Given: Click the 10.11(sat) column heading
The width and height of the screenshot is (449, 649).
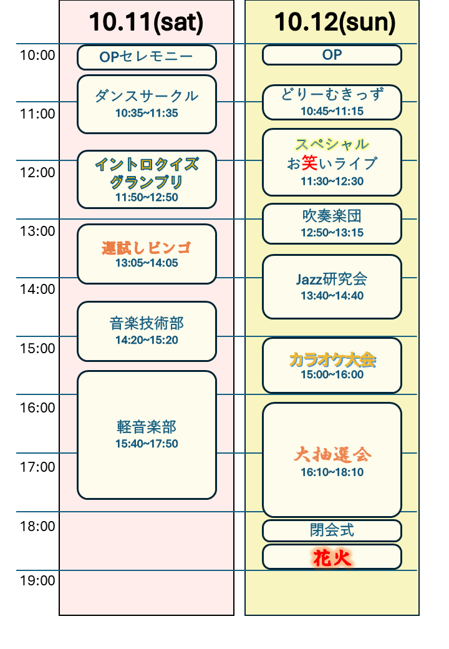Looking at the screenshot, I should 147,23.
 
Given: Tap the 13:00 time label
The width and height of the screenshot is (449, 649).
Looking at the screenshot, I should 37,232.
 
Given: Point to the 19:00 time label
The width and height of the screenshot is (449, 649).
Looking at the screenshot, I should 37,581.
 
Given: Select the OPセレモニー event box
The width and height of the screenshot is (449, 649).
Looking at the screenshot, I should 147,57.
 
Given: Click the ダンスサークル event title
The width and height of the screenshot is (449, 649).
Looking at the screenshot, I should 147,96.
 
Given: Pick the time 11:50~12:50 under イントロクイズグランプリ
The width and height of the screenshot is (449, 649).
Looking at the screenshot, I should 147,198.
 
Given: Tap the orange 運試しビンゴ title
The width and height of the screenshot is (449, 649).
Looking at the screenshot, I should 147,248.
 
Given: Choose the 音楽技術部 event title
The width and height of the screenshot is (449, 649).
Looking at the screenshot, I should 147,323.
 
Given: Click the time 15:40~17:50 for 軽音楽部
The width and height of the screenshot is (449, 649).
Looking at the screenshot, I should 147,444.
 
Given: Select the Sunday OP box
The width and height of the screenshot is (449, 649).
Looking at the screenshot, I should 332,55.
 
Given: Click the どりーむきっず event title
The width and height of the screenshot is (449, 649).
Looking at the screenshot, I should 332,95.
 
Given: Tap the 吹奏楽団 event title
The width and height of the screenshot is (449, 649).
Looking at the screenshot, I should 332,217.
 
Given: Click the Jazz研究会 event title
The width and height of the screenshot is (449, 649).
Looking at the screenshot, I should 332,279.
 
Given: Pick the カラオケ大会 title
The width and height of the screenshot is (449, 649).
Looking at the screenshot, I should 332,359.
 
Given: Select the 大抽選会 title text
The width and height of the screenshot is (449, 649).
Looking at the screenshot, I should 332,454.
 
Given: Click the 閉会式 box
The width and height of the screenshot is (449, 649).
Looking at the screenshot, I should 332,530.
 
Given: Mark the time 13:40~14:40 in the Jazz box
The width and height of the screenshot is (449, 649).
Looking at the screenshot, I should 332,296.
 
